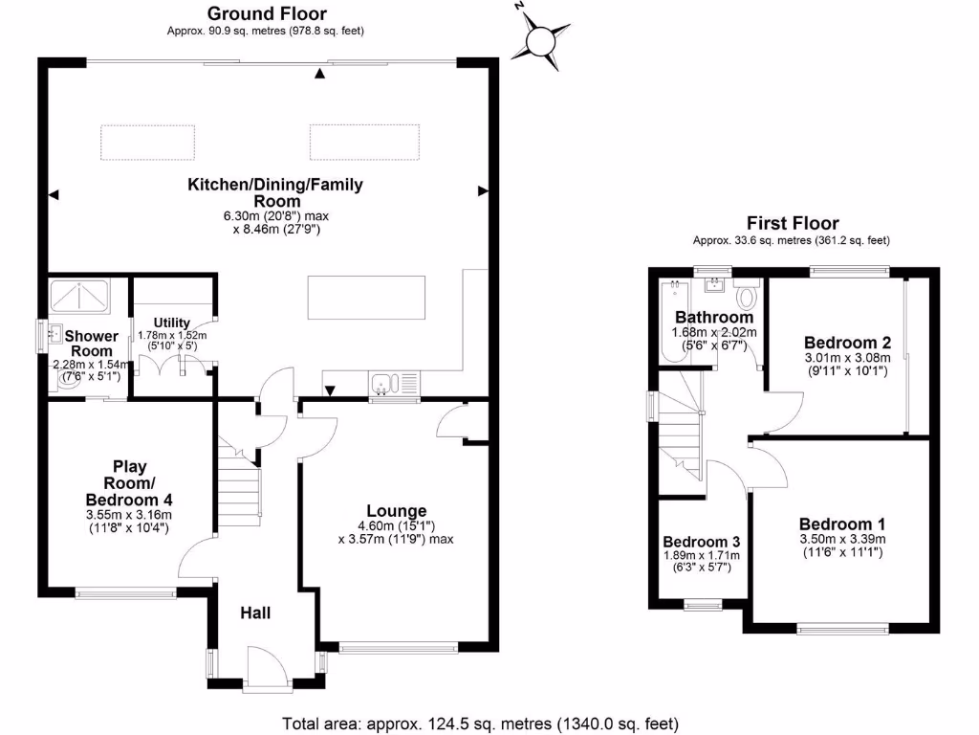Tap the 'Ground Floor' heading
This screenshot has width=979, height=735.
pos(267,13)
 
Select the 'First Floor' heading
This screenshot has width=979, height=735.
pos(793,224)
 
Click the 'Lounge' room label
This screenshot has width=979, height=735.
pos(396,511)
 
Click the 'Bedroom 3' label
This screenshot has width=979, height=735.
pos(701,540)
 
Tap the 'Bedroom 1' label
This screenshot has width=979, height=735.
pos(841,523)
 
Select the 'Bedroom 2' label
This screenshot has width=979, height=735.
pos(847,343)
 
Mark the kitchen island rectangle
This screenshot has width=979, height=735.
pos(367,298)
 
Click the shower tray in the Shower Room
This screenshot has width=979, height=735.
pos(80,297)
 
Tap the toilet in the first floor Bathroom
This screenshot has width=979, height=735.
pos(747,292)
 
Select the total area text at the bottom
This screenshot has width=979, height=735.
pos(480,723)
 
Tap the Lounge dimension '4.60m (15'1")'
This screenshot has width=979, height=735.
pos(396,525)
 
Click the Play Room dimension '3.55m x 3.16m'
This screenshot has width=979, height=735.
pos(129,514)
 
